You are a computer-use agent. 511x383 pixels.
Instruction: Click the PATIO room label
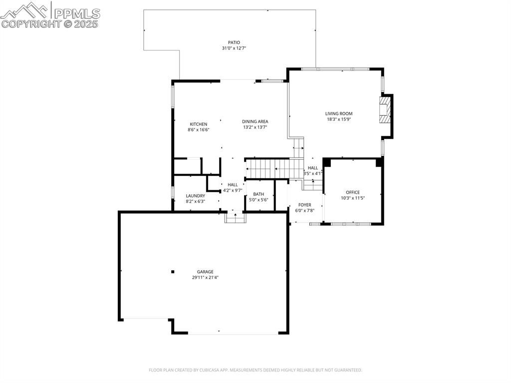[234, 42]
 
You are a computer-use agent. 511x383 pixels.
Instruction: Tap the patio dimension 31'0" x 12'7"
[234, 48]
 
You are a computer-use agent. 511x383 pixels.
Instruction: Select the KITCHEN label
[198, 124]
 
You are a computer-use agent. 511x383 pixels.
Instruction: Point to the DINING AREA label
[255, 121]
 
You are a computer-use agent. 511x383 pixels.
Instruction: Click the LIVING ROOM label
[339, 113]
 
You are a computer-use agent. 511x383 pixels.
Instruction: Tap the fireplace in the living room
[385, 110]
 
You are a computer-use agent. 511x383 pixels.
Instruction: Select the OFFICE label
[352, 192]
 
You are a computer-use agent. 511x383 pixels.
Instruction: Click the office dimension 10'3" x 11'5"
[352, 198]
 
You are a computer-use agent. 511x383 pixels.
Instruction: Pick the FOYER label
[304, 205]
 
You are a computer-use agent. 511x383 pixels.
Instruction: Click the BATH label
[258, 194]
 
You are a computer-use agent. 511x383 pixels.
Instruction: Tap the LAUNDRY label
[195, 196]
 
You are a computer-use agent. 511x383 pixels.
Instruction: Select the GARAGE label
[205, 272]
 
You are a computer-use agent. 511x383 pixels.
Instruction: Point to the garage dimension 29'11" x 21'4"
[205, 278]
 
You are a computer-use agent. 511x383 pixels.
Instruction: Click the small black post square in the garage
[173, 272]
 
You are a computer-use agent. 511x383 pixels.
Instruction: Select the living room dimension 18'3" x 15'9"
[339, 119]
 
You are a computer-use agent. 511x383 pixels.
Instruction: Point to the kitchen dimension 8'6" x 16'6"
[198, 130]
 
